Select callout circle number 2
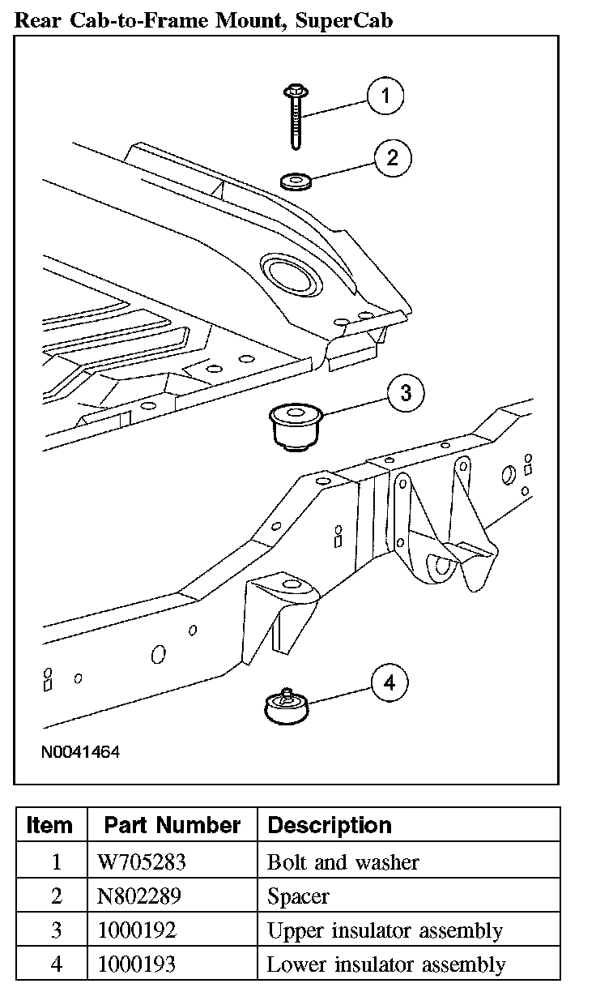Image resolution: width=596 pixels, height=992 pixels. click(x=393, y=157)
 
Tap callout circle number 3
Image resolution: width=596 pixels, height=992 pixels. click(x=406, y=394)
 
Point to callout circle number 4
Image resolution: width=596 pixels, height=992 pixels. click(x=390, y=683)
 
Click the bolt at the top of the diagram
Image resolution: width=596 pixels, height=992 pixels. click(x=295, y=113)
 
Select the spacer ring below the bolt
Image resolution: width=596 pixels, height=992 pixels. click(x=296, y=180)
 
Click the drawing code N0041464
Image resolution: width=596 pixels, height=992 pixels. click(x=81, y=752)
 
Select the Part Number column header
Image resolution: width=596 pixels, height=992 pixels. click(x=172, y=825)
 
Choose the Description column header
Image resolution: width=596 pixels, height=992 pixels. click(x=330, y=825)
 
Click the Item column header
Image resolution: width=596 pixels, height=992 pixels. click(x=49, y=825)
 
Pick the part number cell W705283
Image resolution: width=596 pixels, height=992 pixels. click(x=142, y=862)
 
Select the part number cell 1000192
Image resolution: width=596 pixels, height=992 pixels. click(x=136, y=930)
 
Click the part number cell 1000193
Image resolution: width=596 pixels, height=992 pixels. click(x=136, y=964)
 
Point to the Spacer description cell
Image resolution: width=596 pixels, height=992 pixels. click(x=298, y=896)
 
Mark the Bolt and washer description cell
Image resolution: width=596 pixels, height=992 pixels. click(x=343, y=862)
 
